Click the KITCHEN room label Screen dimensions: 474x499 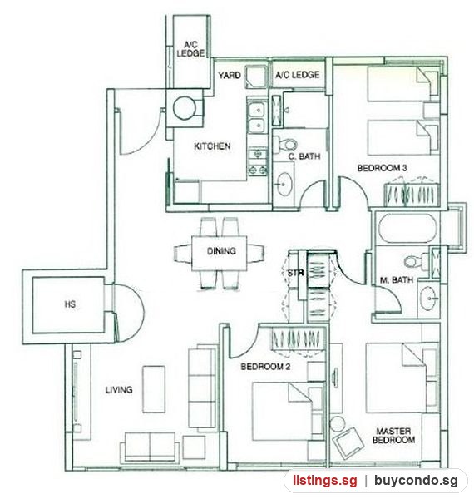pyautogui.click(x=212, y=146)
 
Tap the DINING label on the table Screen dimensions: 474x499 pyautogui.click(x=221, y=251)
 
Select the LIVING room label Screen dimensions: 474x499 pyautogui.click(x=119, y=389)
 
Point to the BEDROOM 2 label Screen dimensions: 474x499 pyautogui.click(x=265, y=367)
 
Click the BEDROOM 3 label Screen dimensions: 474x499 pyautogui.click(x=382, y=168)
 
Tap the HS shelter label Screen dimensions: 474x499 pyautogui.click(x=70, y=304)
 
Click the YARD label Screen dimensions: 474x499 pyautogui.click(x=230, y=76)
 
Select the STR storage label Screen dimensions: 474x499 pyautogui.click(x=295, y=273)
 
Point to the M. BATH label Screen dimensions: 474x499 pyautogui.click(x=397, y=280)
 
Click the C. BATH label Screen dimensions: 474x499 pyautogui.click(x=304, y=156)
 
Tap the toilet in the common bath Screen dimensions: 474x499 pyautogui.click(x=285, y=145)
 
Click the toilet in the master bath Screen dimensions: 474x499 pyautogui.click(x=417, y=261)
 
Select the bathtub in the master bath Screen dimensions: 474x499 pyautogui.click(x=407, y=228)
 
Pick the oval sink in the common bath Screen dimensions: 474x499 pyautogui.click(x=283, y=185)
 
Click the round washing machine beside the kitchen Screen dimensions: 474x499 pyautogui.click(x=185, y=108)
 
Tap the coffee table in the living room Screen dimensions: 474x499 pyautogui.click(x=154, y=389)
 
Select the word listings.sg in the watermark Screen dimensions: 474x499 pyautogui.click(x=325, y=480)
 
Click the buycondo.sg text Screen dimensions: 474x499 pyautogui.click(x=416, y=480)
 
